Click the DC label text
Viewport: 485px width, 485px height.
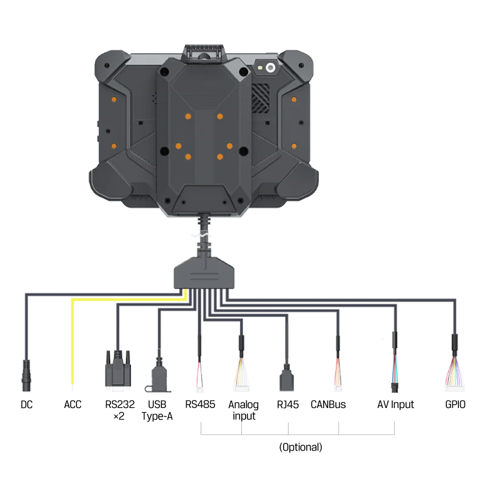[x=27, y=404]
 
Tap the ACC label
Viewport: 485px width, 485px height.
[x=73, y=404]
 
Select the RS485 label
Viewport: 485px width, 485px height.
[x=200, y=404]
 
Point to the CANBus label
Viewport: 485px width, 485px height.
[x=328, y=404]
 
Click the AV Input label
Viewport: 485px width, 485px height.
[x=396, y=404]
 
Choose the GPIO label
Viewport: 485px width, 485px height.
[x=455, y=404]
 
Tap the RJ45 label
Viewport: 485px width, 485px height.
[x=288, y=404]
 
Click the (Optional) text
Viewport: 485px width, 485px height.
[x=301, y=447]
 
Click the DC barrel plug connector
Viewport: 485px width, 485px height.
[x=26, y=375]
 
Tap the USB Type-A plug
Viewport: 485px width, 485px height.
[x=159, y=375]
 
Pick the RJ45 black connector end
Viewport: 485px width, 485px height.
[x=287, y=378]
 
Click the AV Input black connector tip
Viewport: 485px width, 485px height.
[x=395, y=387]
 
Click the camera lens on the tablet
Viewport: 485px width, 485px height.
[x=270, y=67]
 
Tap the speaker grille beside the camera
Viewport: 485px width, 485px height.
[x=260, y=98]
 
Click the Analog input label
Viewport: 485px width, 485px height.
[x=244, y=410]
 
